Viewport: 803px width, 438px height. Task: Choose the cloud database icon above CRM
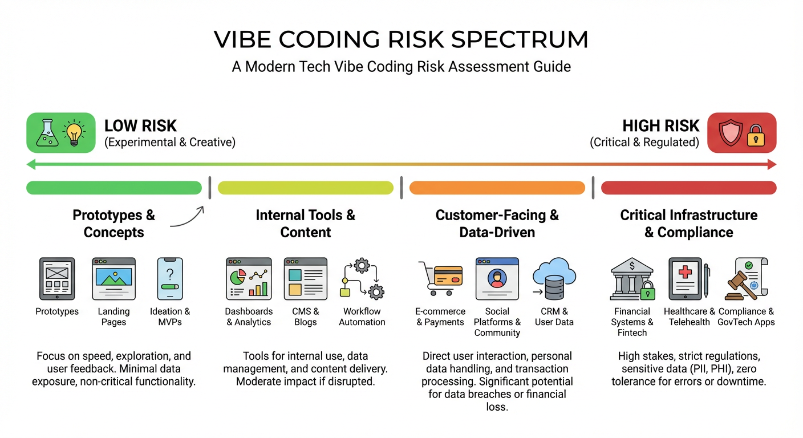[x=553, y=278]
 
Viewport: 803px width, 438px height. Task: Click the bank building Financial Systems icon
[x=631, y=279]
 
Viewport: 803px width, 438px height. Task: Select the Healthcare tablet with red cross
[x=687, y=278]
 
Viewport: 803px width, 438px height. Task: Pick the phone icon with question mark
[x=170, y=278]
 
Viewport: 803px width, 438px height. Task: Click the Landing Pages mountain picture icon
[x=113, y=278]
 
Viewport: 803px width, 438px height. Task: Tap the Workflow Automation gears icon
[x=362, y=278]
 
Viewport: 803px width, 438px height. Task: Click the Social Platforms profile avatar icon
[x=497, y=278]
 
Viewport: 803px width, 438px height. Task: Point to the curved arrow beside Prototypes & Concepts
[x=188, y=217]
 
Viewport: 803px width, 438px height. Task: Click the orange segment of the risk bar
[x=497, y=188]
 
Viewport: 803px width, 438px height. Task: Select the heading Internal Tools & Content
[x=305, y=224]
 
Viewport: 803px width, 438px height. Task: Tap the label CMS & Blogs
[x=305, y=317]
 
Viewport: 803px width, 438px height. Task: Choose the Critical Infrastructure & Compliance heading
[x=688, y=224]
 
